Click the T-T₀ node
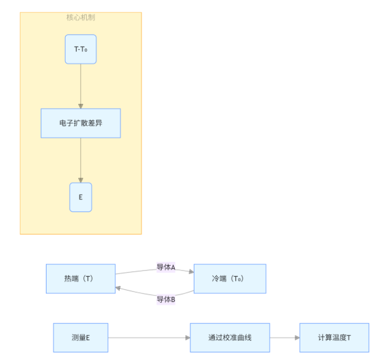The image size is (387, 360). click(81, 49)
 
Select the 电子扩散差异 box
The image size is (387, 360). click(81, 123)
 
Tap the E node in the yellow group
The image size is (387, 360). click(81, 198)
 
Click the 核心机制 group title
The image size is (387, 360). click(81, 17)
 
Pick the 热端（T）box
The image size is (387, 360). click(81, 278)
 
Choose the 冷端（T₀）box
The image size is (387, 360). click(230, 278)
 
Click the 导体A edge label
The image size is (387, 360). click(166, 267)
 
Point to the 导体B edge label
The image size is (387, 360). click(166, 299)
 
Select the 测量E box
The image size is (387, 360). click(81, 338)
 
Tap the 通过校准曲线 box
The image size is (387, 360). click(230, 338)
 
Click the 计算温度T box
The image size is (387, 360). click(335, 338)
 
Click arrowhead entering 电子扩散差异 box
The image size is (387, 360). click(81, 106)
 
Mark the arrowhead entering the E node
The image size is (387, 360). click(81, 180)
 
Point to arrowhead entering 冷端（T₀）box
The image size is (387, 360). click(191, 271)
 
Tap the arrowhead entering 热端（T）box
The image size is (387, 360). click(118, 288)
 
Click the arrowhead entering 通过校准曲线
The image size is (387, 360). click(188, 338)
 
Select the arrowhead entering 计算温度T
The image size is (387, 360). click(297, 338)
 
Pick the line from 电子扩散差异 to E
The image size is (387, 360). click(81, 161)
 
